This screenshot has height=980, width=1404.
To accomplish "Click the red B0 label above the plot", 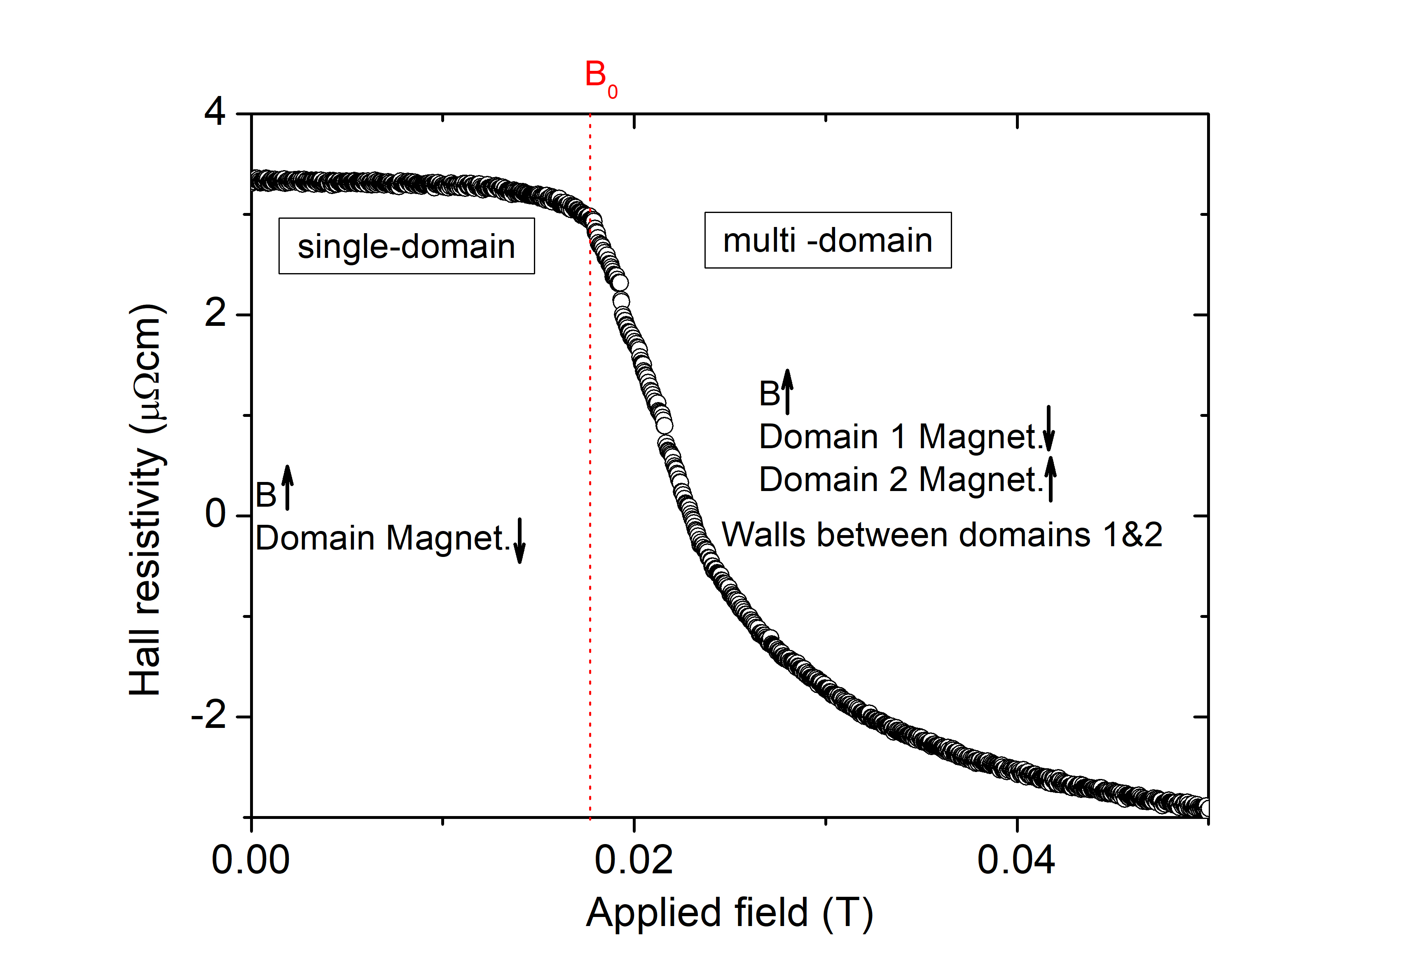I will click(x=600, y=78).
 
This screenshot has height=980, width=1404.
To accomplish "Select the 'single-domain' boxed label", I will click(x=406, y=246).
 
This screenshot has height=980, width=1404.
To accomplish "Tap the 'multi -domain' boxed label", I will click(x=827, y=240).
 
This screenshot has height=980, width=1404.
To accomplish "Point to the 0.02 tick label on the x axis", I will click(x=634, y=860).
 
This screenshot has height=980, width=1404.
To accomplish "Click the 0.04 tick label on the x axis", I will click(x=1016, y=860).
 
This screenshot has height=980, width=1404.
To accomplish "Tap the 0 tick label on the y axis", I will click(x=215, y=514).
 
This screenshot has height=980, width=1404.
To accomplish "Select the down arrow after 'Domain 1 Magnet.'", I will click(x=1048, y=428).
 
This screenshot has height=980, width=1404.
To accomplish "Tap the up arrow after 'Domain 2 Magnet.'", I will click(x=1050, y=479).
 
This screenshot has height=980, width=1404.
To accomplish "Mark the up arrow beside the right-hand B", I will click(x=788, y=391).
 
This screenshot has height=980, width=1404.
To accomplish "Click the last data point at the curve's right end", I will click(x=1205, y=807).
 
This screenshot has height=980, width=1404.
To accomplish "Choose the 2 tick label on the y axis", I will click(x=215, y=314).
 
